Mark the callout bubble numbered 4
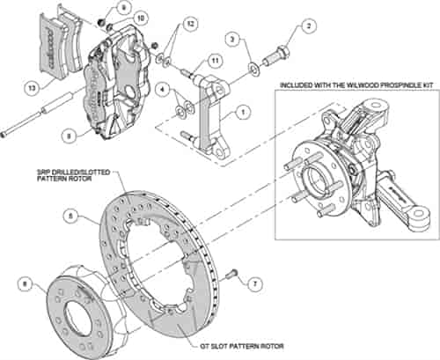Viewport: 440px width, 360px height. pyautogui.click(x=161, y=90)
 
